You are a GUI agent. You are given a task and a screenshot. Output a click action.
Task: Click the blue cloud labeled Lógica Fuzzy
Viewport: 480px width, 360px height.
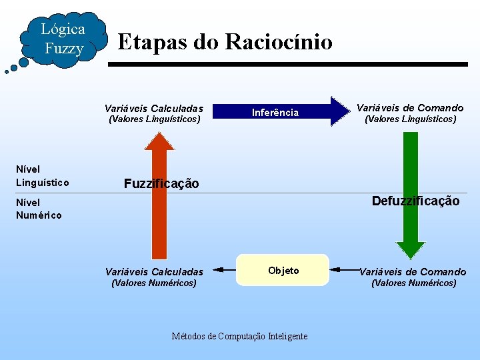63,39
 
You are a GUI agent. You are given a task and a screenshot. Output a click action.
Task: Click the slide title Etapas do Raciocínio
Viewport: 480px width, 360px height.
225,42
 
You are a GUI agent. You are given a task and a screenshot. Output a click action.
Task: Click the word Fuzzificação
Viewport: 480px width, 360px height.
161,184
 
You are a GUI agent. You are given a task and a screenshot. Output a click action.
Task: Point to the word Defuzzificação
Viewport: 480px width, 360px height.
415,201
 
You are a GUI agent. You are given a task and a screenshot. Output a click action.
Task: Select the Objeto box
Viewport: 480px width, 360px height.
283,270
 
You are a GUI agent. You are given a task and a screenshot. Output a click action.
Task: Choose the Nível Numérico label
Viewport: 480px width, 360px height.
39,209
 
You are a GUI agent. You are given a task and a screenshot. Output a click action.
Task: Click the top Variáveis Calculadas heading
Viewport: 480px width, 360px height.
154,108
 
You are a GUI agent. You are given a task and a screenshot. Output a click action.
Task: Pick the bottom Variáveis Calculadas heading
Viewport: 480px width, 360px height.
154,271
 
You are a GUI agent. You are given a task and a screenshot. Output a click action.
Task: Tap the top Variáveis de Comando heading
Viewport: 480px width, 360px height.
410,107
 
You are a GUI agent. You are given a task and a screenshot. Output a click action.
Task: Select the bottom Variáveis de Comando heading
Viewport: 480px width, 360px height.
413,271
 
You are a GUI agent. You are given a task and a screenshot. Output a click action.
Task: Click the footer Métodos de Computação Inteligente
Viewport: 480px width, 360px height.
239,336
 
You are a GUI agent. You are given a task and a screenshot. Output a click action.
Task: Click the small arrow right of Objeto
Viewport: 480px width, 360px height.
345,269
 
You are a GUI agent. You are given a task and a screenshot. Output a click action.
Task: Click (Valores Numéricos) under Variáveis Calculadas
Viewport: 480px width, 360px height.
154,283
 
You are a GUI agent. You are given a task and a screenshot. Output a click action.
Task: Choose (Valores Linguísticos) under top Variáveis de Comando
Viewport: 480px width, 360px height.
410,119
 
